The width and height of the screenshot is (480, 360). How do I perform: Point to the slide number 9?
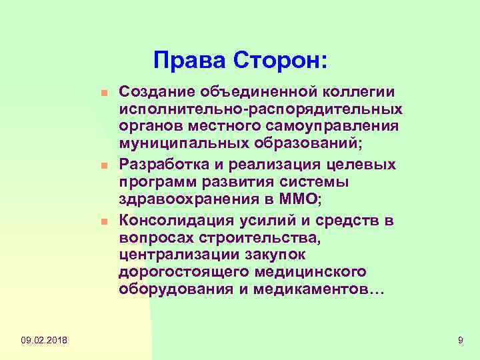460,341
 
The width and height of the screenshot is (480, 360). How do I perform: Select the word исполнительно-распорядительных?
260,109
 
